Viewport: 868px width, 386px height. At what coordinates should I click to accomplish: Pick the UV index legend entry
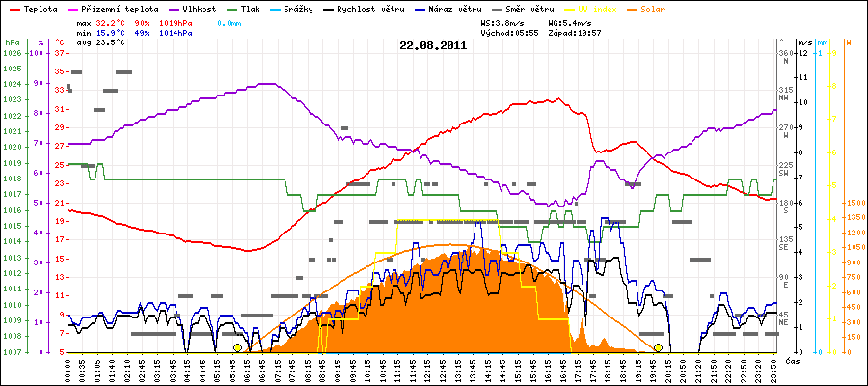598,8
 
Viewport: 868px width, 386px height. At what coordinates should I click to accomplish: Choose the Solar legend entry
666,8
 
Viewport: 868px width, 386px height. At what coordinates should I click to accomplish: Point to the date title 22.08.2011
434,44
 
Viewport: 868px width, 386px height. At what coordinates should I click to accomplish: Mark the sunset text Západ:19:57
576,32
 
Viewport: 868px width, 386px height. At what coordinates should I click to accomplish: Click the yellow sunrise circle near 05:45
237,347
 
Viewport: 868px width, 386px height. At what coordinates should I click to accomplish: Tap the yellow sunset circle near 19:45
658,347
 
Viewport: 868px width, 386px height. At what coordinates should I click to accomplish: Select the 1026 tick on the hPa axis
12,53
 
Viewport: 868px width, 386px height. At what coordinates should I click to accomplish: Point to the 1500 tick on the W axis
855,204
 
